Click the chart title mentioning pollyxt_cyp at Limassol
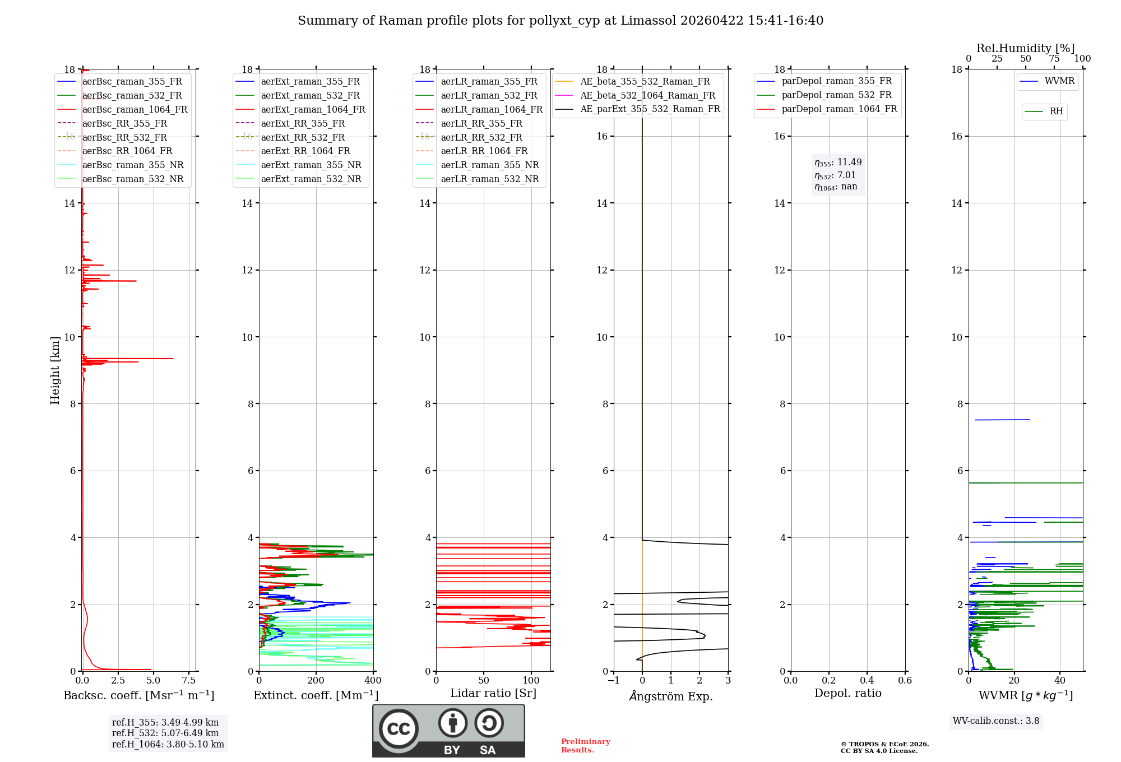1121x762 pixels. click(x=560, y=21)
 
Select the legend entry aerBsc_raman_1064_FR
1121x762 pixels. click(x=135, y=109)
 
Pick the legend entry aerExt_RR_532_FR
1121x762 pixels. click(x=303, y=137)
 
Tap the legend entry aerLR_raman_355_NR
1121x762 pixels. click(x=489, y=165)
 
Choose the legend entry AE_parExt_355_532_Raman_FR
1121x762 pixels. click(x=650, y=109)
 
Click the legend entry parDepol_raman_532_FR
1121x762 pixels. click(x=836, y=95)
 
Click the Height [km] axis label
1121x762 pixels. click(x=55, y=370)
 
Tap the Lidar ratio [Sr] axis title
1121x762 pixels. click(x=493, y=693)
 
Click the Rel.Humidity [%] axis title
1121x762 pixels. click(x=1025, y=48)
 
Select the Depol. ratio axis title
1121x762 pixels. click(x=847, y=693)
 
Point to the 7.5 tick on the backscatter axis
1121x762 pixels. click(x=189, y=681)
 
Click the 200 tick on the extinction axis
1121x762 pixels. click(x=316, y=681)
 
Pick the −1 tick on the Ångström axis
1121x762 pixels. click(x=613, y=681)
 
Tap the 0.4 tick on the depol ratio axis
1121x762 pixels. click(x=867, y=681)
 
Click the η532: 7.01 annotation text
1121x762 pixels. click(x=835, y=175)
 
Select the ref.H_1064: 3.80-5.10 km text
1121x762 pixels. click(x=168, y=745)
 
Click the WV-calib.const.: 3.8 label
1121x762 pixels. click(x=996, y=721)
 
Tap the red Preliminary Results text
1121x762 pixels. click(x=585, y=746)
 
